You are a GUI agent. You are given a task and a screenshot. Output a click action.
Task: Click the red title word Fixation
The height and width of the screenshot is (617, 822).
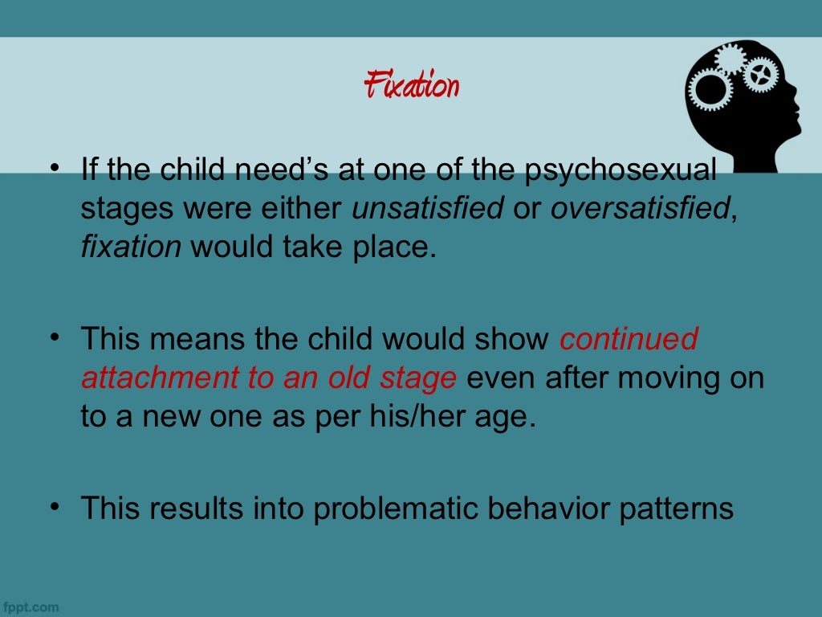pos(411,85)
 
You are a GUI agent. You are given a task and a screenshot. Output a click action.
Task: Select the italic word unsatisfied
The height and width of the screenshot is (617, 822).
pos(428,209)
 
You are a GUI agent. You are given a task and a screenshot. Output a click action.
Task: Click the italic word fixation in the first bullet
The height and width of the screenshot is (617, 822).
pos(131,246)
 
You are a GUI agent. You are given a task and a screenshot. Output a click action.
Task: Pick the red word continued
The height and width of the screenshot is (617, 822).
pos(629,340)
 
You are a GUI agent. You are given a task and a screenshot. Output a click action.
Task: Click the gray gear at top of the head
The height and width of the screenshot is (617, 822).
pos(730,58)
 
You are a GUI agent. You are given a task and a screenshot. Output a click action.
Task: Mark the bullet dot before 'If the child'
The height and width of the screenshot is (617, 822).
pos(55,170)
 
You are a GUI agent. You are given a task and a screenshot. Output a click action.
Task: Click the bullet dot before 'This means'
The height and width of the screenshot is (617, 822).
pos(55,337)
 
